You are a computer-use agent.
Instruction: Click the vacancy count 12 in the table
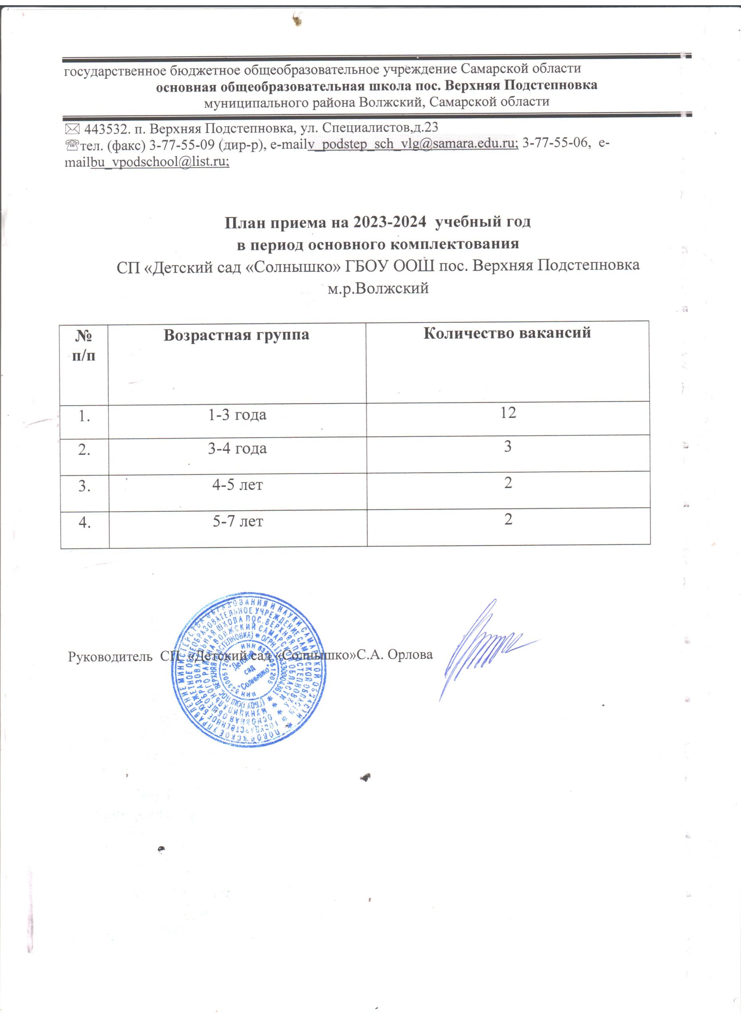508,412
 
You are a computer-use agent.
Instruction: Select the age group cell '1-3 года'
237,415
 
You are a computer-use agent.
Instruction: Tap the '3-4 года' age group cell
237,448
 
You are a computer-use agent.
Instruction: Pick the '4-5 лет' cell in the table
237,485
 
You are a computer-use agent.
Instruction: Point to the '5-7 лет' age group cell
237,521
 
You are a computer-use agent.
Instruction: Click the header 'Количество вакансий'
507,332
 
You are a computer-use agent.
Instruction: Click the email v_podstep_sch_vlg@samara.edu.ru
413,143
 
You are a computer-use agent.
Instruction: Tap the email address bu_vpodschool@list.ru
160,162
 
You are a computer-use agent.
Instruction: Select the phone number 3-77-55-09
184,143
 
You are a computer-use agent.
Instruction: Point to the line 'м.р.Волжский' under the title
378,288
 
